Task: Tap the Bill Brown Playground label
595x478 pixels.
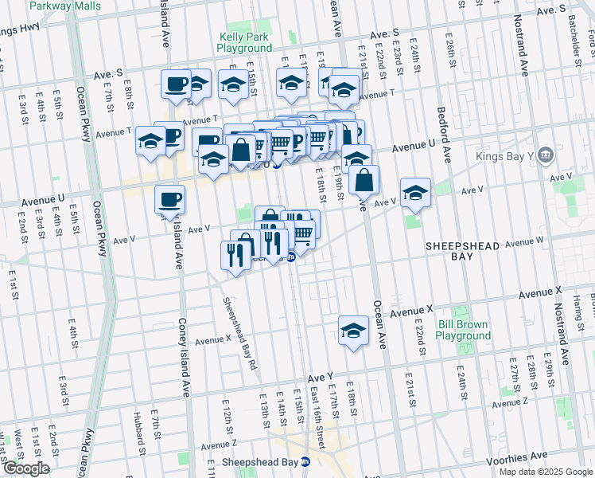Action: (x=464, y=330)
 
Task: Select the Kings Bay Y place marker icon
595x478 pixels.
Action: (x=546, y=154)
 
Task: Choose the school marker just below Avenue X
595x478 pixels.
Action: (x=353, y=330)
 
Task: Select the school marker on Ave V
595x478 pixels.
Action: (x=415, y=193)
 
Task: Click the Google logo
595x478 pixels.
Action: (x=26, y=468)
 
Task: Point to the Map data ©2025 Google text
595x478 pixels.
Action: (x=545, y=472)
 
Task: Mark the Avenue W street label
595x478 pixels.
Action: (x=523, y=241)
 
